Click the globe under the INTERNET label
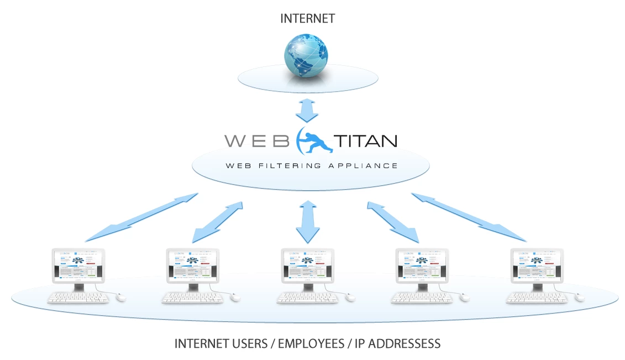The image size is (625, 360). [306, 56]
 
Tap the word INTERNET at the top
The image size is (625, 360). [307, 18]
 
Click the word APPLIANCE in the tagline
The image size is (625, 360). [366, 165]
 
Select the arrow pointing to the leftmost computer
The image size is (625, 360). [142, 217]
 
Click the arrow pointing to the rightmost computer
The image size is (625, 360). [469, 217]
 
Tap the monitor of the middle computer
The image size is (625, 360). [307, 265]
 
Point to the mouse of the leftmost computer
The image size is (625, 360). [122, 298]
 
